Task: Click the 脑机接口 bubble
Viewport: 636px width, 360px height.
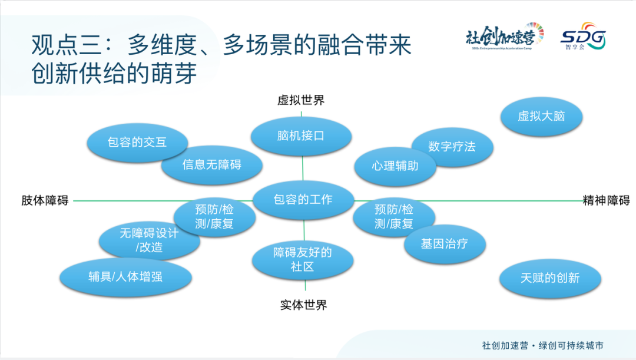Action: [x=301, y=136]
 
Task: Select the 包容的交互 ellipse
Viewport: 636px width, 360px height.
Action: [x=137, y=142]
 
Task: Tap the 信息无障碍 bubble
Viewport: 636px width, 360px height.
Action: [x=203, y=165]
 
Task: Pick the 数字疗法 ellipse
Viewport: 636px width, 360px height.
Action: [x=452, y=147]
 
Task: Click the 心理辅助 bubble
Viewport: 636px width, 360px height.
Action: [x=395, y=166]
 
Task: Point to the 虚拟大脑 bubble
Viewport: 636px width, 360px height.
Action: [x=541, y=116]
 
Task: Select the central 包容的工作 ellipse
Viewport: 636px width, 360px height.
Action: [x=303, y=200]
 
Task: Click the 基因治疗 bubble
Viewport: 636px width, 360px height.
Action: [x=445, y=243]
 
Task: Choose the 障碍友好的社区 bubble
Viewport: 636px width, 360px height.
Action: [x=303, y=260]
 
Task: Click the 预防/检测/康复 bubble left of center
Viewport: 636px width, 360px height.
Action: [x=215, y=217]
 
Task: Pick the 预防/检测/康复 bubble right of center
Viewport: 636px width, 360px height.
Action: [x=393, y=217]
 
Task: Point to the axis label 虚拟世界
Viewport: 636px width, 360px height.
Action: [x=301, y=100]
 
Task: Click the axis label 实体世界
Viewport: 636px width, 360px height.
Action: [x=303, y=305]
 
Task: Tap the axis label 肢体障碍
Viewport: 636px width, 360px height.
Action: [x=45, y=201]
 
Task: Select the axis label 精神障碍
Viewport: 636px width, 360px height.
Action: [x=606, y=200]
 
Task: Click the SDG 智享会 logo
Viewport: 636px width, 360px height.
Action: [x=583, y=37]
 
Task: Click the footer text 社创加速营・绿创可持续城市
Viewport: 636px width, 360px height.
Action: [x=542, y=346]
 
